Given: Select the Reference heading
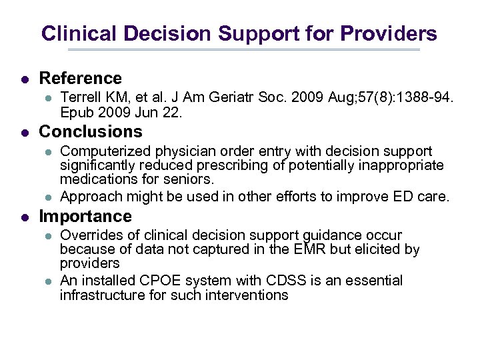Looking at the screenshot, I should [81, 79].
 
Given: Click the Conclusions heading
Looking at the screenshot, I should [91, 131].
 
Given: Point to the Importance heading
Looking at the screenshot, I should [85, 217].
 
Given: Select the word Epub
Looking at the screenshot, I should [76, 113].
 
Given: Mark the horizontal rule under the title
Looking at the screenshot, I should [243, 49].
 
